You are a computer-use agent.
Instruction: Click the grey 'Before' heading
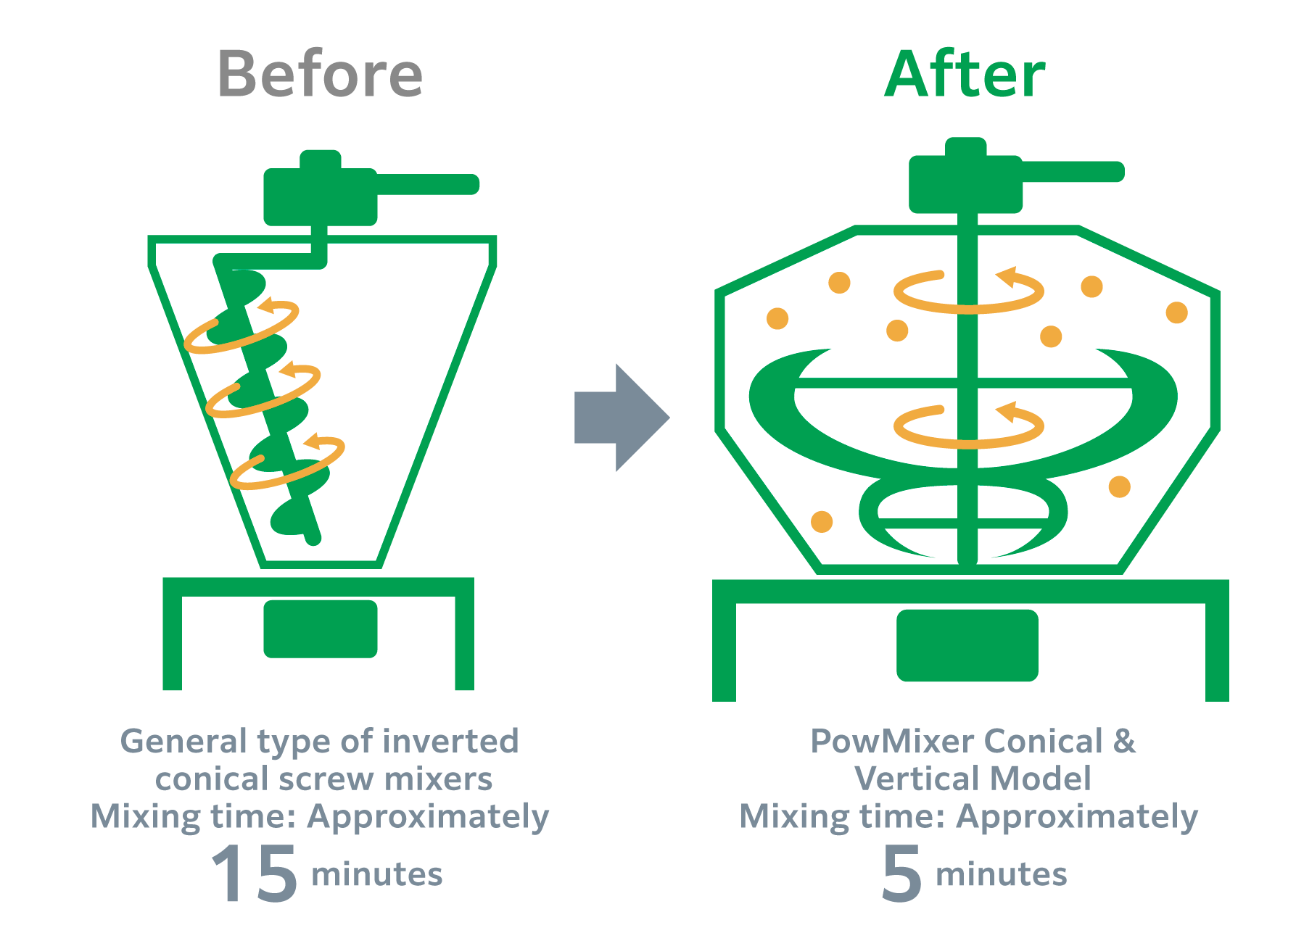320,74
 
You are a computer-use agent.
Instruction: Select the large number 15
254,874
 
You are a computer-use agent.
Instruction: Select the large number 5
901,874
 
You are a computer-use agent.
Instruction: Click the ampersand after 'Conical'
1124,742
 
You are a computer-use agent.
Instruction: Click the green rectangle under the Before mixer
320,629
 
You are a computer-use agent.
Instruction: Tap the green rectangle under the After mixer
967,645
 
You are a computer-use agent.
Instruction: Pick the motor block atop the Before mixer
320,196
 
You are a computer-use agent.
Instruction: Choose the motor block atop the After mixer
965,186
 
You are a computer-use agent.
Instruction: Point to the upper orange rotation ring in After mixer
968,293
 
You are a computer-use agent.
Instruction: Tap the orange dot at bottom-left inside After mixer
821,521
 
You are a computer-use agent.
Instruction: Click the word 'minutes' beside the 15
376,874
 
